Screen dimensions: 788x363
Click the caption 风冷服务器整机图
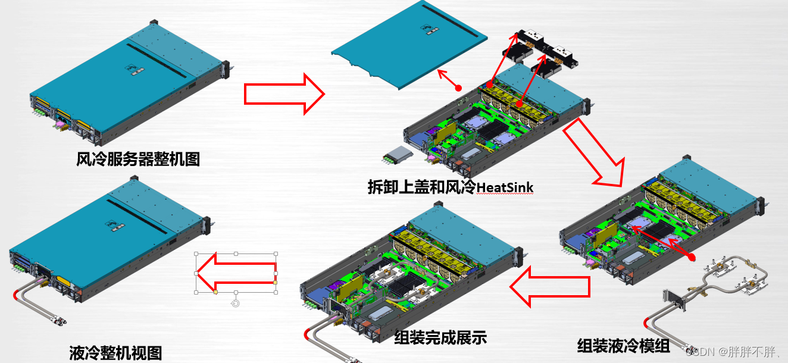[x=138, y=159]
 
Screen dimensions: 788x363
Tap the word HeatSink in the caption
[x=506, y=187]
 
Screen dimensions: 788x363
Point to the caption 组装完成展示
[x=440, y=338]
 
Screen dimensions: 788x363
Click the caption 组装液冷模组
[x=623, y=346]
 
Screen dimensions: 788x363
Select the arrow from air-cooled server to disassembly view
[x=284, y=93]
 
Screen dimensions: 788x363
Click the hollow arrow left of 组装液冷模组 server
[x=550, y=287]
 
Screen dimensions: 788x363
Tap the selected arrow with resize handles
[x=236, y=273]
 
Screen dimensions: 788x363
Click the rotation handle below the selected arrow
[x=236, y=303]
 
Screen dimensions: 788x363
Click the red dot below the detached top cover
[x=458, y=88]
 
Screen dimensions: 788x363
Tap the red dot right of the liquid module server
[x=692, y=258]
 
